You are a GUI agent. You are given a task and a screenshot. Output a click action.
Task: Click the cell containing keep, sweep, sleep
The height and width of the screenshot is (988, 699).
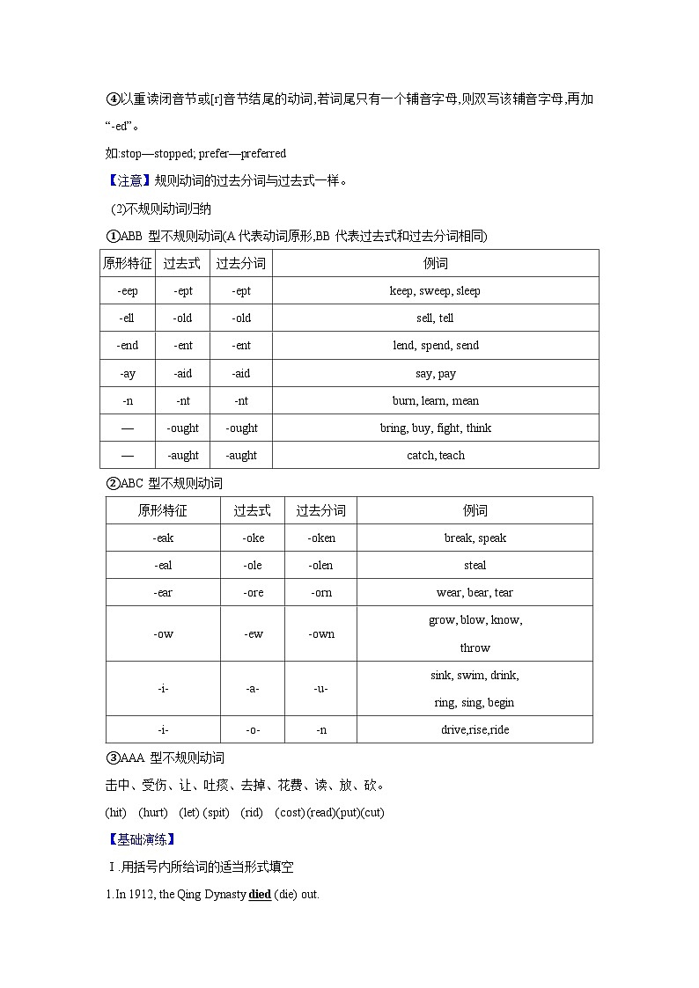(435, 290)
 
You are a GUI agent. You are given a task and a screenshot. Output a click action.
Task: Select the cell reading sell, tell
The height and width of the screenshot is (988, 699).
(435, 318)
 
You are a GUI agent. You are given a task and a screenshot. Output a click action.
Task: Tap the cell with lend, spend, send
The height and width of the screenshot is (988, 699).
(435, 345)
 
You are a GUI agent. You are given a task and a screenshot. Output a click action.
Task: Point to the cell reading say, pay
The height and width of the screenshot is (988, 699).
(435, 373)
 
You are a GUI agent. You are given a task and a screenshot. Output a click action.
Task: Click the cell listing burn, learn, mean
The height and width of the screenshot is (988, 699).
(435, 400)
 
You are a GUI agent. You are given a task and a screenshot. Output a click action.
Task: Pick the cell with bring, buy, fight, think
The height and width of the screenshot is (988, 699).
(435, 428)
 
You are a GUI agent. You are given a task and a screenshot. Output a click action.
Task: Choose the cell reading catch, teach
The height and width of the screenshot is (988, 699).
(435, 455)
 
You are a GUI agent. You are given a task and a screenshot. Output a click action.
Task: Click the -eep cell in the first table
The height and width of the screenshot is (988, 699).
(128, 290)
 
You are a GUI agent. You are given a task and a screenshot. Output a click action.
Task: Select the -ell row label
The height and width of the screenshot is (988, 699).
(128, 318)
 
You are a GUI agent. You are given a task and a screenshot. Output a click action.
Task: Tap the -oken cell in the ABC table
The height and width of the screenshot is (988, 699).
(321, 538)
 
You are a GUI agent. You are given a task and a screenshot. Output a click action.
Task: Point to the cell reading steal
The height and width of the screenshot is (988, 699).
(475, 565)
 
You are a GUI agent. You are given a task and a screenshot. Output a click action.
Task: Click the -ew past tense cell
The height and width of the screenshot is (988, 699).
(254, 633)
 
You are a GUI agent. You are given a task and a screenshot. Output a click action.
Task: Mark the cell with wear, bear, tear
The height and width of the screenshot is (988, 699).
(475, 592)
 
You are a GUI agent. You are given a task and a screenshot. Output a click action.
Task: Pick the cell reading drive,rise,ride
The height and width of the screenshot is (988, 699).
(475, 729)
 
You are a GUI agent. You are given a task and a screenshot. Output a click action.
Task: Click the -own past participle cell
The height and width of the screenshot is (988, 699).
(321, 633)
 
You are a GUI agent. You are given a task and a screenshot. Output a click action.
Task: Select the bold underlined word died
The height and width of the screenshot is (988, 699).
(259, 894)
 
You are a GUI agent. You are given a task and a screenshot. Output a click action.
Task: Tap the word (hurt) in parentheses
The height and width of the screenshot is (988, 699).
(153, 812)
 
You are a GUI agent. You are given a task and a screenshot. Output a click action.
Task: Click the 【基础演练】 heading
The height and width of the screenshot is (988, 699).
(140, 838)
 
